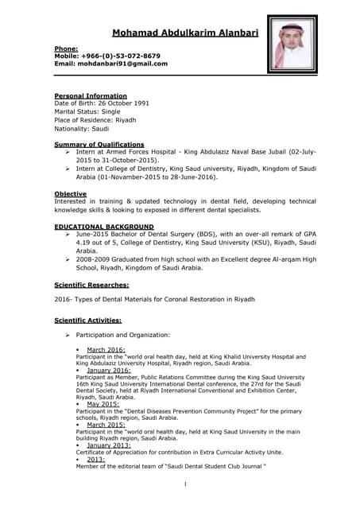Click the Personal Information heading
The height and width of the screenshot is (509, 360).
90,96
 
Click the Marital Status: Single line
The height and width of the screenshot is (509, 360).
87,112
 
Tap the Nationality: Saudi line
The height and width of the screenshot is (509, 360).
81,128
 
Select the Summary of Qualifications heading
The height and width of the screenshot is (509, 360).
99,144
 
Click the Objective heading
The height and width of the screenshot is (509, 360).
71,194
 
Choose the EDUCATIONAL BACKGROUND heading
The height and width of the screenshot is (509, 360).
104,227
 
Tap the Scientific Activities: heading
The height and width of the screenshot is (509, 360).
87,320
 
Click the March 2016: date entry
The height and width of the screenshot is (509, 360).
105,350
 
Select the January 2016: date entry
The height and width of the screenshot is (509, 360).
108,370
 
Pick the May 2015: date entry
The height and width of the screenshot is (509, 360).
103,404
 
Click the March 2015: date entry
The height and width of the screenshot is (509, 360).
105,424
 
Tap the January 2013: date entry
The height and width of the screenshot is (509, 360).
108,445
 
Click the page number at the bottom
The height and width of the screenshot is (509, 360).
184,484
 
